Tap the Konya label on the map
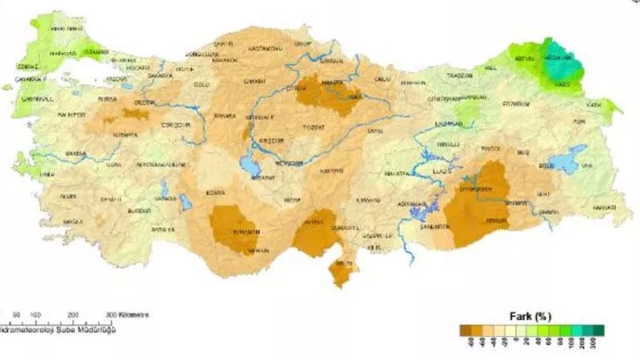pos(216,192)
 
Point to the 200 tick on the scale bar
pos(74,314)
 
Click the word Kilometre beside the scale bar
pos(134,314)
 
